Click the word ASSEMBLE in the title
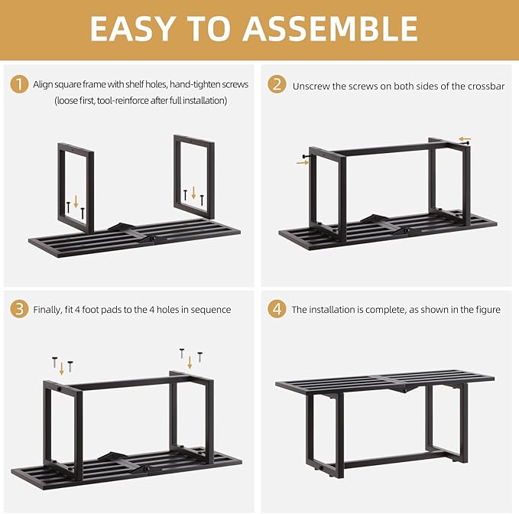tap(331, 29)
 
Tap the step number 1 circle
tap(20, 84)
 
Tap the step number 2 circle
tap(277, 84)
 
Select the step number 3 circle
tap(20, 309)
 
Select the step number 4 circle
tap(277, 309)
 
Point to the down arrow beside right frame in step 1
tap(193, 192)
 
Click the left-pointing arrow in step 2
tap(465, 139)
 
